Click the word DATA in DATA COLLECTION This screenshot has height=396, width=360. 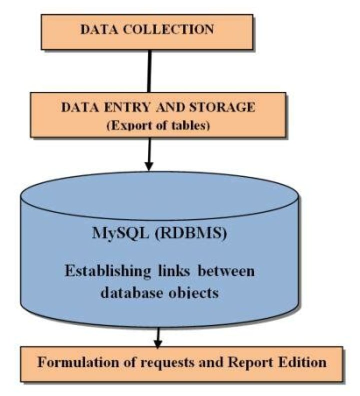[x=98, y=29]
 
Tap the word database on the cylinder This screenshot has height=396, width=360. [x=131, y=292]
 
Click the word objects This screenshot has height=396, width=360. [x=193, y=292]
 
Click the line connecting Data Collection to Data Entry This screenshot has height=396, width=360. [x=149, y=70]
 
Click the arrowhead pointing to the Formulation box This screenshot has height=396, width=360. [x=158, y=343]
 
